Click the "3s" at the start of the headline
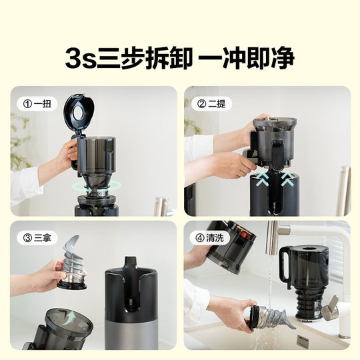tap(82, 59)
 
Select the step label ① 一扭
tap(37, 104)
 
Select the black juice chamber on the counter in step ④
tap(304, 273)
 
